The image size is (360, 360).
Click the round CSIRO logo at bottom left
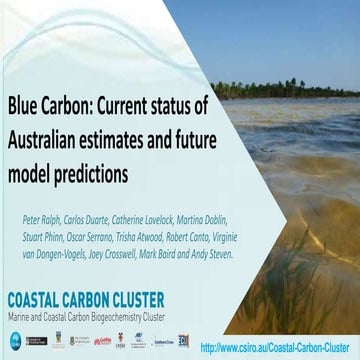tap(14, 341)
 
